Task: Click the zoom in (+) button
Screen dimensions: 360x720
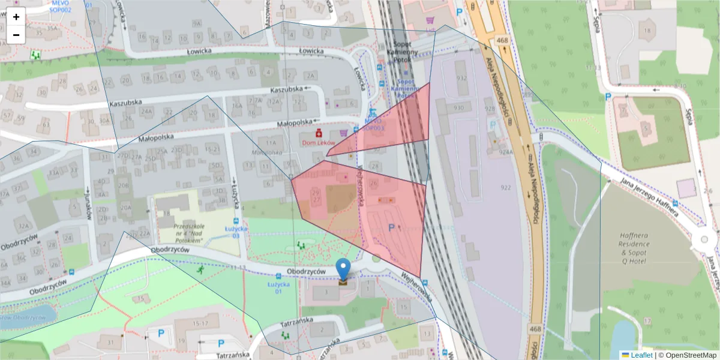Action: [x=16, y=17]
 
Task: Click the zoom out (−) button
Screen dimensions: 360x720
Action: [x=16, y=35]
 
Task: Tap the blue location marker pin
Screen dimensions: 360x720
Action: [x=343, y=271]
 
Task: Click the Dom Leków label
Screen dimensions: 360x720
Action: [x=318, y=142]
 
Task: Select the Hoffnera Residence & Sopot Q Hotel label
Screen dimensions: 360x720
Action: [x=634, y=244]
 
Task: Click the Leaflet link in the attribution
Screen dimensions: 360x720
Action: [x=641, y=355]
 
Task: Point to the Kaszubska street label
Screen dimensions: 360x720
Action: [x=286, y=89]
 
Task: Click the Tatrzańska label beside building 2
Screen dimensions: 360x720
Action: [x=296, y=321]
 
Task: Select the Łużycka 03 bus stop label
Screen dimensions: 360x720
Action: [x=232, y=232]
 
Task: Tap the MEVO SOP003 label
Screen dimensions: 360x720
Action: [x=373, y=124]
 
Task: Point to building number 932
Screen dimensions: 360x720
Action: [x=461, y=79]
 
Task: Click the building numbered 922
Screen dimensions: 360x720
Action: [x=505, y=188]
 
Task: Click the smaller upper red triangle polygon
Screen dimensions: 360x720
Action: [x=396, y=126]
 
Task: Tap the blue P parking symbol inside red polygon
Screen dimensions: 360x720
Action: [x=392, y=227]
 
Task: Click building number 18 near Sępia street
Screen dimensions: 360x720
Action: [x=646, y=31]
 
